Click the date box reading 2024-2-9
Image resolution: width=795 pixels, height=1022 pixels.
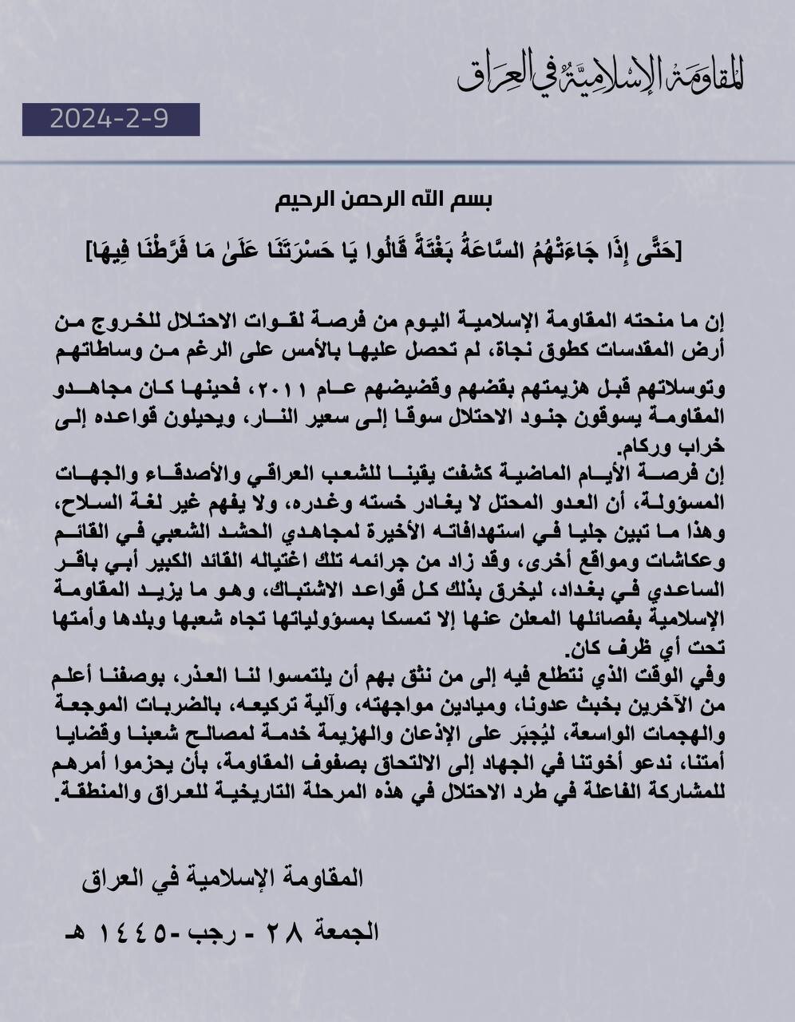pos(111,120)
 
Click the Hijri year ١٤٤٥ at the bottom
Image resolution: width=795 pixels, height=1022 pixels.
pos(141,931)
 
